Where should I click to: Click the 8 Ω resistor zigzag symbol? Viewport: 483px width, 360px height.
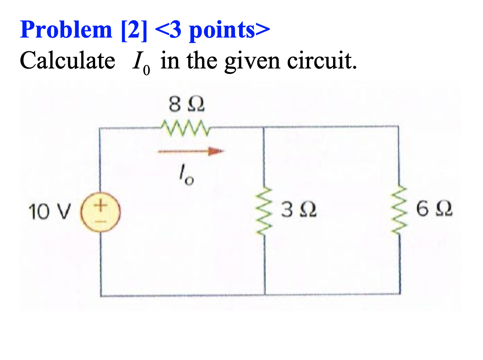[x=186, y=126]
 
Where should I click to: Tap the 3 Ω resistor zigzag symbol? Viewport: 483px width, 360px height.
[x=265, y=212]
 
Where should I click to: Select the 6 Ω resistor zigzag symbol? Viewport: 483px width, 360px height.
[x=399, y=212]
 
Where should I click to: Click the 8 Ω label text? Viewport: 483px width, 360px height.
[x=186, y=104]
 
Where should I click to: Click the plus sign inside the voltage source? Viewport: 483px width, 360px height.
[x=101, y=205]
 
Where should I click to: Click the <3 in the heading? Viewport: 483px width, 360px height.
[x=168, y=30]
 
